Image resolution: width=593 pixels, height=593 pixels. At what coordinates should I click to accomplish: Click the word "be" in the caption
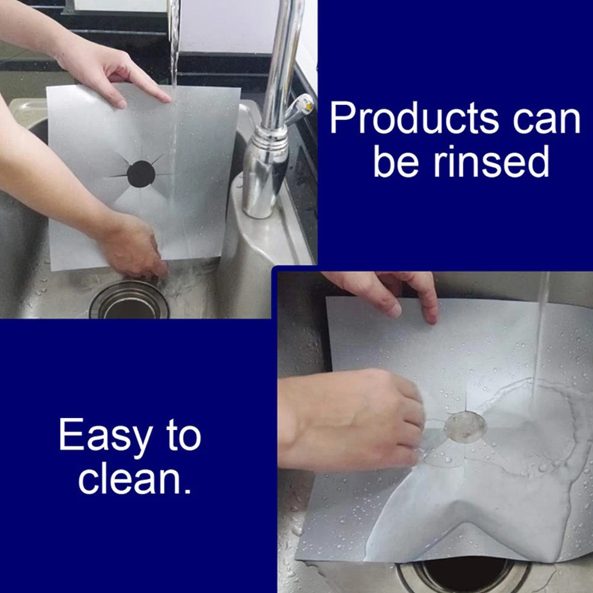point(394,163)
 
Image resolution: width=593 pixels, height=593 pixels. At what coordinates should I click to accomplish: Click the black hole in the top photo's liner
point(141,174)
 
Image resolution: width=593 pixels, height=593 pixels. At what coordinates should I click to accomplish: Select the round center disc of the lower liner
point(465,426)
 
